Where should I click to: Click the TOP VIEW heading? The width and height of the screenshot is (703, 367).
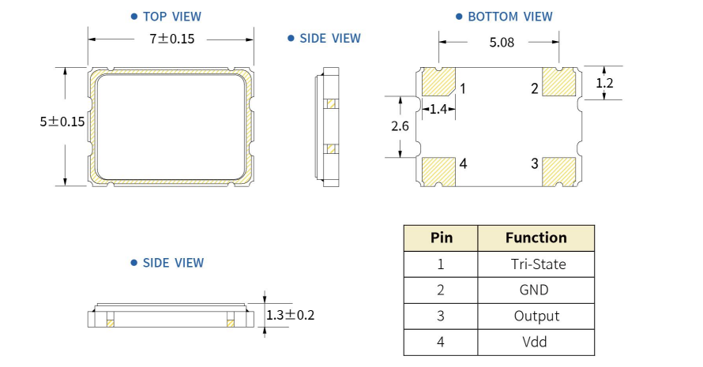(x=171, y=16)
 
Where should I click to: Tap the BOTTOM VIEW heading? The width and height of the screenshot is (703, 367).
(x=509, y=16)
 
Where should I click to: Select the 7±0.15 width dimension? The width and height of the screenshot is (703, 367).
(x=171, y=38)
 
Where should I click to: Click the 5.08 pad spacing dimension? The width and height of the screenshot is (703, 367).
(x=501, y=43)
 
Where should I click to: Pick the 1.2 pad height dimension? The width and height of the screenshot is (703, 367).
(x=604, y=82)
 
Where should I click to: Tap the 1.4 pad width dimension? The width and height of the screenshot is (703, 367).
(x=438, y=109)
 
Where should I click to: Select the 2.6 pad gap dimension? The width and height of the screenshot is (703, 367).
(x=400, y=126)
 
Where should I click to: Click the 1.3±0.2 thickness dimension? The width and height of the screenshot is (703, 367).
(x=290, y=315)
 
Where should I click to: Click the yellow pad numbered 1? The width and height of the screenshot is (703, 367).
(x=439, y=82)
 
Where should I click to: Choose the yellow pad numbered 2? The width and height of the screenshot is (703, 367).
(x=559, y=82)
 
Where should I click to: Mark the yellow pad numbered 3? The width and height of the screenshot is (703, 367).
(x=559, y=170)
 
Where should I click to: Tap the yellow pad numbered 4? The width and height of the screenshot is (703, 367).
(x=439, y=170)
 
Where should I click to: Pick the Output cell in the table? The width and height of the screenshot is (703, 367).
(x=536, y=316)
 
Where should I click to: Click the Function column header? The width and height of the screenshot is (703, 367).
(x=536, y=238)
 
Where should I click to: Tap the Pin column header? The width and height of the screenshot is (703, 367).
(x=441, y=238)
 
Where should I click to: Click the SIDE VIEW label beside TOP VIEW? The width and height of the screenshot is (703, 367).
(x=329, y=38)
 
